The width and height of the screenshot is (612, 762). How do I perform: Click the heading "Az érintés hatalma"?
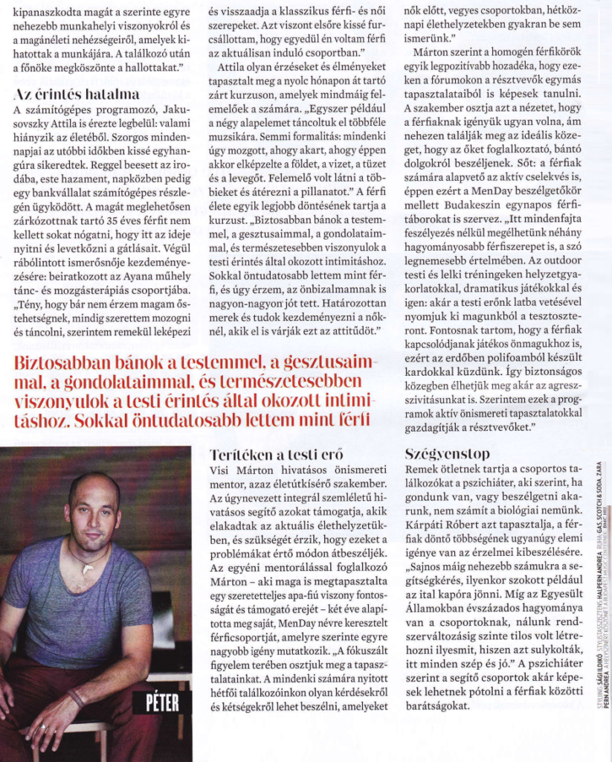tap(76, 95)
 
